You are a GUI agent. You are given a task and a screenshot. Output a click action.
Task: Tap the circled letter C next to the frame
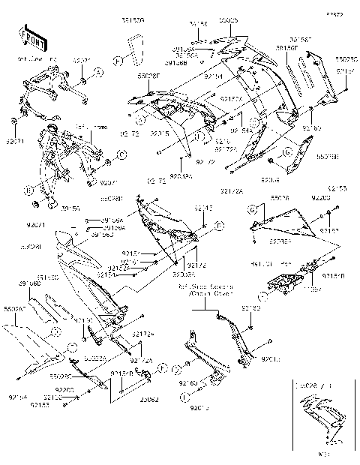click(x=122, y=156)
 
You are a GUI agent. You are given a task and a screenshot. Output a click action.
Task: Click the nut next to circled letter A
click(x=82, y=79)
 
